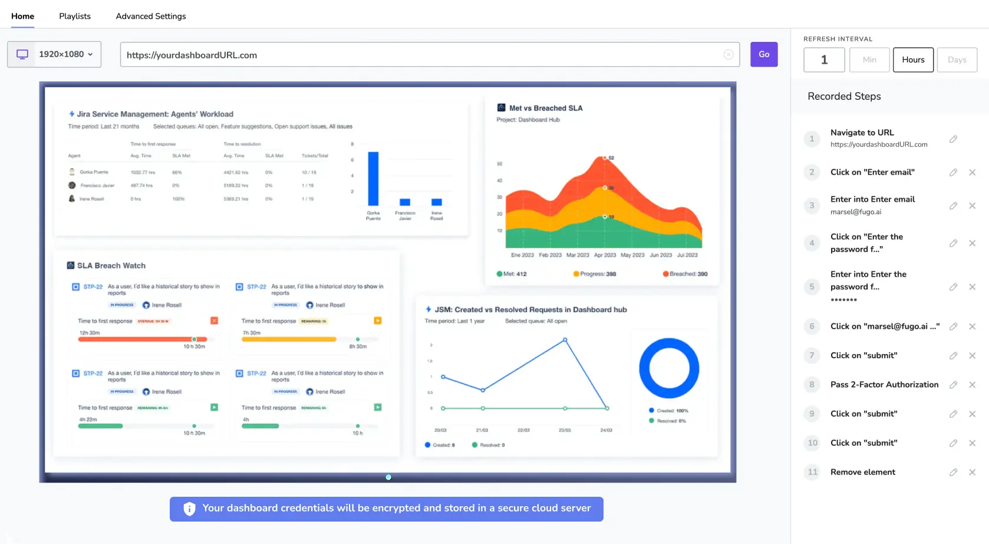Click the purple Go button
point(763,54)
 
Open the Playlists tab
point(75,16)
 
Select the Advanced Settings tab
point(151,16)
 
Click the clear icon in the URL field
point(728,54)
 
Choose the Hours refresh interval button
point(913,60)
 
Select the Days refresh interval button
point(957,60)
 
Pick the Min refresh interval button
point(869,60)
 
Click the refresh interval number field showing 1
point(824,60)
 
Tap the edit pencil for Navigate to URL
point(953,139)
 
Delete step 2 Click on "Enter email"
point(972,172)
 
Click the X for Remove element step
point(972,472)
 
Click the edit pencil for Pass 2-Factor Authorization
point(953,385)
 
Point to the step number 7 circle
point(812,355)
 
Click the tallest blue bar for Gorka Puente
point(373,178)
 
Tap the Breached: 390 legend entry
point(685,274)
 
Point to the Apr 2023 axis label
point(605,255)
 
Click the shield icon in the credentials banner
point(189,509)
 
